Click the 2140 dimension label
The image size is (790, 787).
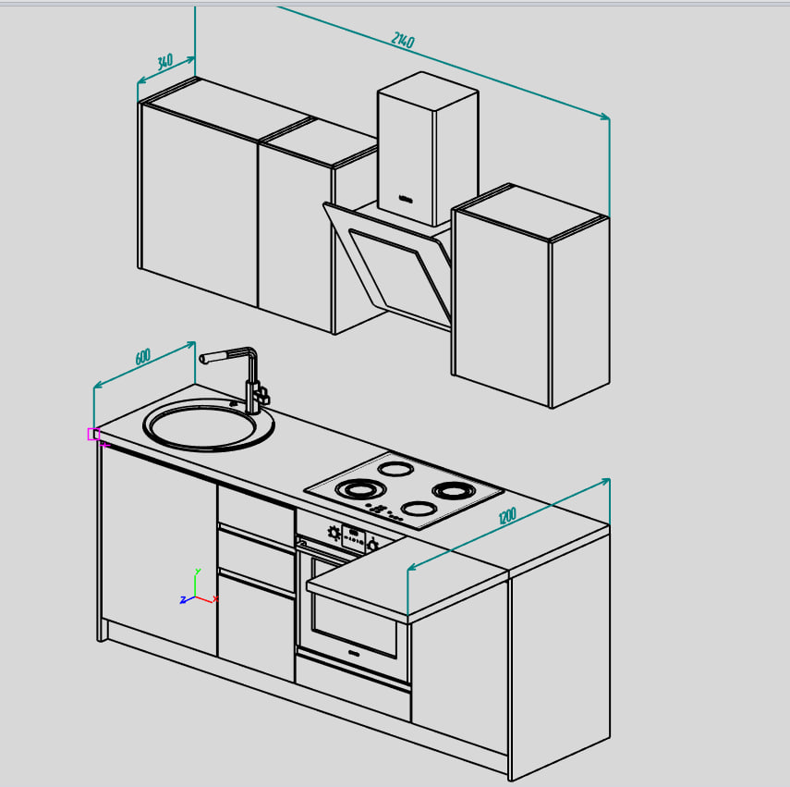pos(403,40)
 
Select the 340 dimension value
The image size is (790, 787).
pos(164,62)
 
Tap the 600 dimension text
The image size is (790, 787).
pos(143,356)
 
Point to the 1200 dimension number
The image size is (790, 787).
pos(507,516)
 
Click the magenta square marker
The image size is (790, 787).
pos(93,434)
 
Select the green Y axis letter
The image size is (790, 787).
pos(198,572)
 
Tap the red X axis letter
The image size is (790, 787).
pos(215,599)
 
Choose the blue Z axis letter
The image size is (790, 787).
pos(183,600)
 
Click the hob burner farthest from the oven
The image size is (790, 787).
pos(396,469)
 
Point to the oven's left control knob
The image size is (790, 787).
pos(334,533)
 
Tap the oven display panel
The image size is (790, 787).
pos(353,537)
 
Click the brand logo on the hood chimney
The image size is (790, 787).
pos(406,200)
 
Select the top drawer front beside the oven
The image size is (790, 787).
pos(257,515)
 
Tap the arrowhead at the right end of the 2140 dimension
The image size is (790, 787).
pos(605,117)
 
